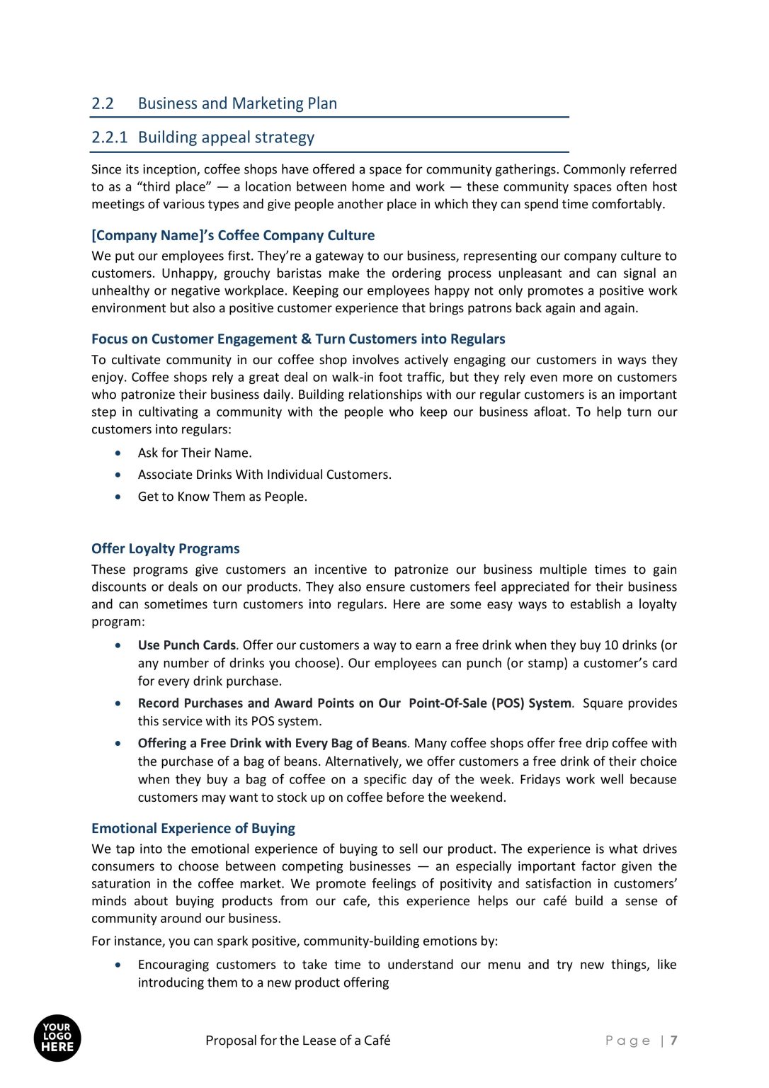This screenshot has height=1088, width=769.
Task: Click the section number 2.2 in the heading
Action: tap(103, 103)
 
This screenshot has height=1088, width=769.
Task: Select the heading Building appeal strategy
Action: tap(226, 137)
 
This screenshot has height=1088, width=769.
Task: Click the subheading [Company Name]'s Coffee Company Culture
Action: tap(233, 235)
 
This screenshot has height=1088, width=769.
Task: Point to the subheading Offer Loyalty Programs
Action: tap(165, 548)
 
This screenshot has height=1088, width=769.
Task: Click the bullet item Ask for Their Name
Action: tap(195, 453)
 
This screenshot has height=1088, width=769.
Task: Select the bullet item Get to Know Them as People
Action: tap(222, 497)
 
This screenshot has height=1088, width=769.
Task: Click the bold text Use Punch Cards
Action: tap(186, 645)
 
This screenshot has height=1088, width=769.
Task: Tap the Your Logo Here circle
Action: tap(57, 1038)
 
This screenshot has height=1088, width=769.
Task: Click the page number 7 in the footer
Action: tap(673, 1041)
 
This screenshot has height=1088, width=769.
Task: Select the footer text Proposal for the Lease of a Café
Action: tap(297, 1041)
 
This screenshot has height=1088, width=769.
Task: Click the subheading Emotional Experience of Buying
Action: tap(193, 828)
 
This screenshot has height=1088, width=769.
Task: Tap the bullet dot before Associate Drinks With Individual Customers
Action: tap(118, 475)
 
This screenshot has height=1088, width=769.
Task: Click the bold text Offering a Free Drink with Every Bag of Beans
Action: tap(272, 743)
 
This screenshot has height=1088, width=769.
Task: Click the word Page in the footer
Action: tap(627, 1041)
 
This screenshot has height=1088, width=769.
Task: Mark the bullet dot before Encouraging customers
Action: tap(118, 965)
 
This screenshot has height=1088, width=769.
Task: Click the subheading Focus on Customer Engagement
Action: tap(298, 339)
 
